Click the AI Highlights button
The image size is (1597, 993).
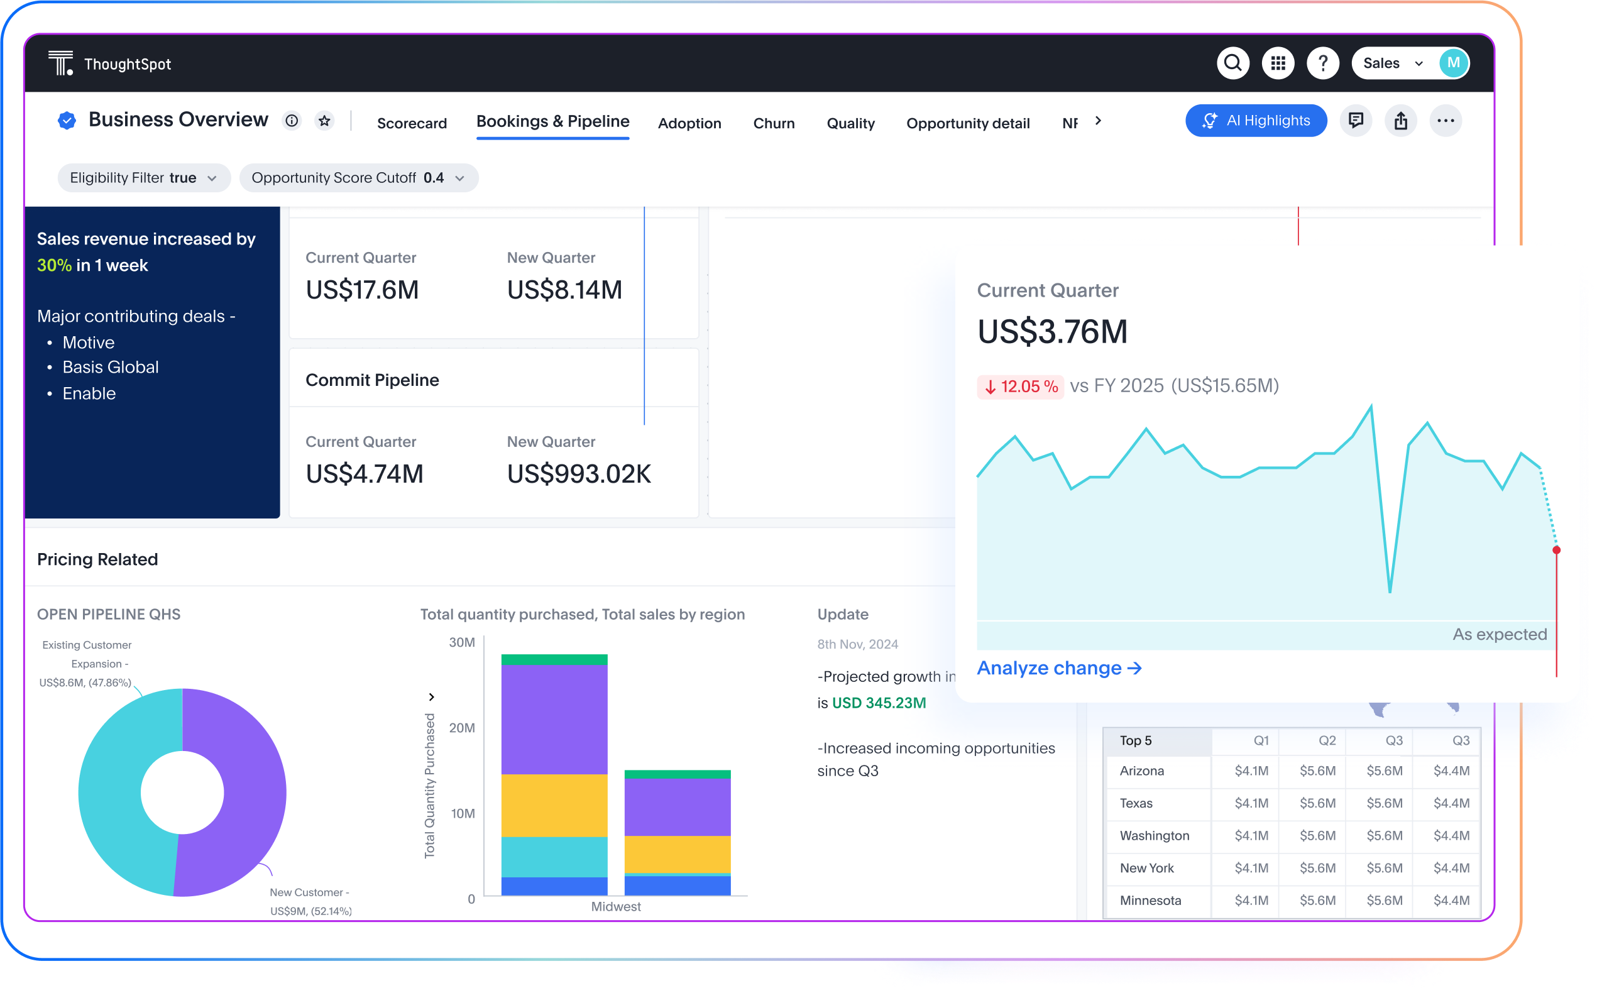click(x=1256, y=121)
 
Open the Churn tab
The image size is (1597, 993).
click(x=774, y=123)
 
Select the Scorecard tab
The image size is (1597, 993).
click(x=412, y=123)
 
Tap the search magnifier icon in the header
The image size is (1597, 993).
click(x=1232, y=63)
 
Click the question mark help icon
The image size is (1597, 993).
click(x=1322, y=63)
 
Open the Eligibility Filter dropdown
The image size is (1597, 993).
click(x=144, y=178)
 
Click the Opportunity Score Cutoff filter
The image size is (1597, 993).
click(x=358, y=178)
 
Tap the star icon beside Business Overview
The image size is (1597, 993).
click(x=324, y=121)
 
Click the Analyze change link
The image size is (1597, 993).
click(x=1059, y=668)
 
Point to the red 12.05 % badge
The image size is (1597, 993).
click(x=1021, y=386)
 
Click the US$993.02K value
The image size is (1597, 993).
click(x=578, y=473)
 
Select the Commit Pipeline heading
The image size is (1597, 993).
click(x=372, y=380)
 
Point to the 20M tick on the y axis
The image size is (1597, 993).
click(x=462, y=728)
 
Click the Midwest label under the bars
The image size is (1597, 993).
click(x=615, y=906)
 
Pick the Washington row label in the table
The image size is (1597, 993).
click(x=1155, y=835)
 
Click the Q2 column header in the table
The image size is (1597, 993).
click(x=1327, y=741)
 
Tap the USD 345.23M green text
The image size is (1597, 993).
click(x=879, y=703)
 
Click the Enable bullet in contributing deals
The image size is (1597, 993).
click(x=89, y=393)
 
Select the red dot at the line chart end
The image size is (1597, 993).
click(x=1556, y=550)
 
